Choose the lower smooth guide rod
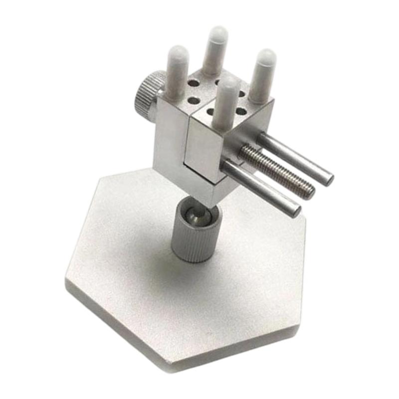pos(262,187)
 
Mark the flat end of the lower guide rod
pos(296,210)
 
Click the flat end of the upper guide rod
pos(328,178)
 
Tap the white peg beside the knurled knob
pos(177,72)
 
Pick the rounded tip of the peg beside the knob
pos(178,52)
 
